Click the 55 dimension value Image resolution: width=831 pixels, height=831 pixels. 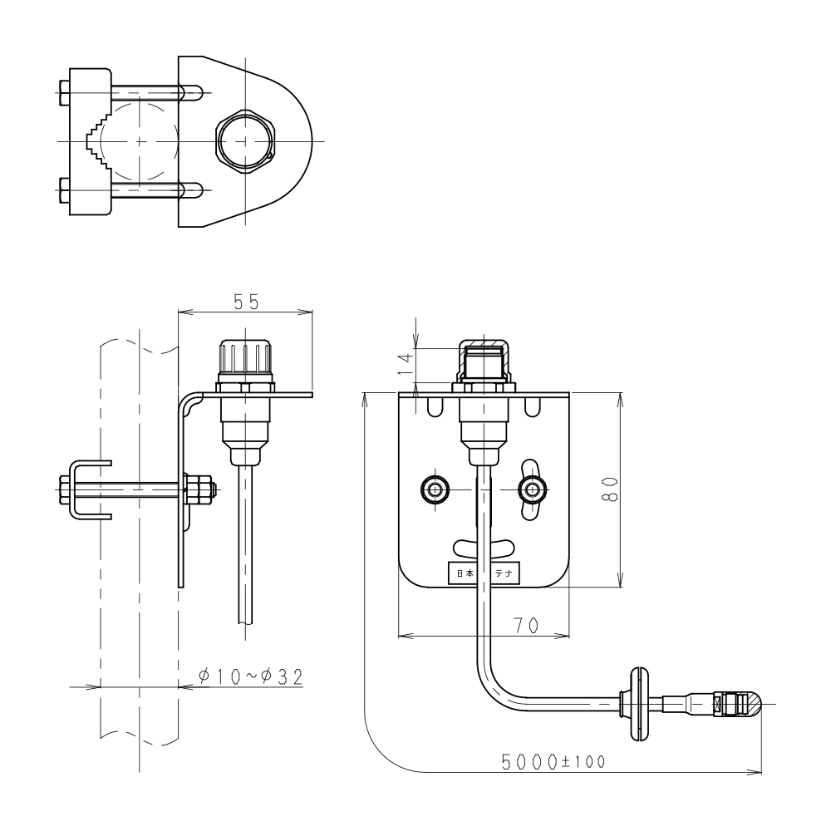246,302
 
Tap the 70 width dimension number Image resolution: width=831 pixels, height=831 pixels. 526,626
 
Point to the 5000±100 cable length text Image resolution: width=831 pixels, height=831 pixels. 553,762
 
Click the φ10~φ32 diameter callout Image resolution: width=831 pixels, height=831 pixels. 251,676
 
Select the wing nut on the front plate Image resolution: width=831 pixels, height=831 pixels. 532,489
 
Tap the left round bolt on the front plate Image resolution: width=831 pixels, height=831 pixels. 435,489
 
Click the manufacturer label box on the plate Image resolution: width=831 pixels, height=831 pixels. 484,573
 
